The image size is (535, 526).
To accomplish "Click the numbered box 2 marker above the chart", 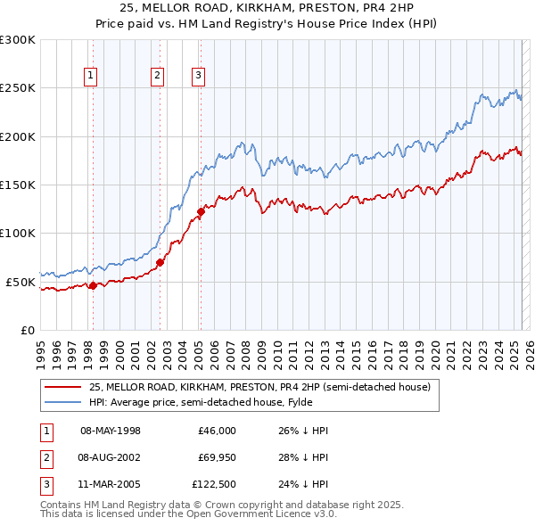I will (157, 77).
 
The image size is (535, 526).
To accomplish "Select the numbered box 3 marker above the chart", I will (198, 77).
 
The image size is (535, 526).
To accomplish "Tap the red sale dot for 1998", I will (93, 285).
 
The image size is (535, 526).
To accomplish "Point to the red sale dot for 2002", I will (160, 262).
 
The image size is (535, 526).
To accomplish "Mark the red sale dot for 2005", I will (201, 211).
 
